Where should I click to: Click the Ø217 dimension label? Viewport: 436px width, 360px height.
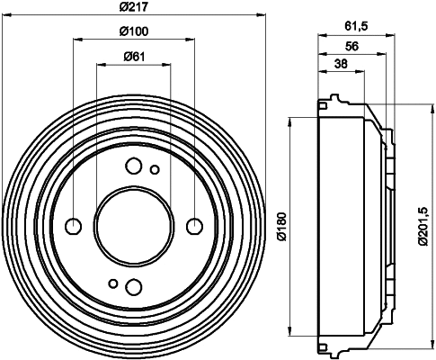tap(134, 8)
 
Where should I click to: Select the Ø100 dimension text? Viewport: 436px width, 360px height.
tap(134, 32)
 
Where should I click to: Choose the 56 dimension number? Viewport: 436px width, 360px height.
tap(351, 46)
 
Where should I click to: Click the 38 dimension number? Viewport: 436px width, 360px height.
tap(342, 63)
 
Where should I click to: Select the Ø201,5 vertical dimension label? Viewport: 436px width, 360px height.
tap(422, 224)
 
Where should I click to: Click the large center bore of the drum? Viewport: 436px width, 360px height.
tap(134, 225)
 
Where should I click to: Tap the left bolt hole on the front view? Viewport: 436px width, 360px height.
tap(74, 225)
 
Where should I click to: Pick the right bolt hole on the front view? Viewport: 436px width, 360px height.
tap(193, 225)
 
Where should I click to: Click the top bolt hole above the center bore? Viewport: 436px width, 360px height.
tap(134, 165)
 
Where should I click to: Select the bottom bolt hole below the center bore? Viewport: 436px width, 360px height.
tap(134, 286)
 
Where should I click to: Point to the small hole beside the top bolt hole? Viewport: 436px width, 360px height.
tap(155, 169)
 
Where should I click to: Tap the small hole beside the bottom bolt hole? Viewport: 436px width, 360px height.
tap(113, 282)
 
